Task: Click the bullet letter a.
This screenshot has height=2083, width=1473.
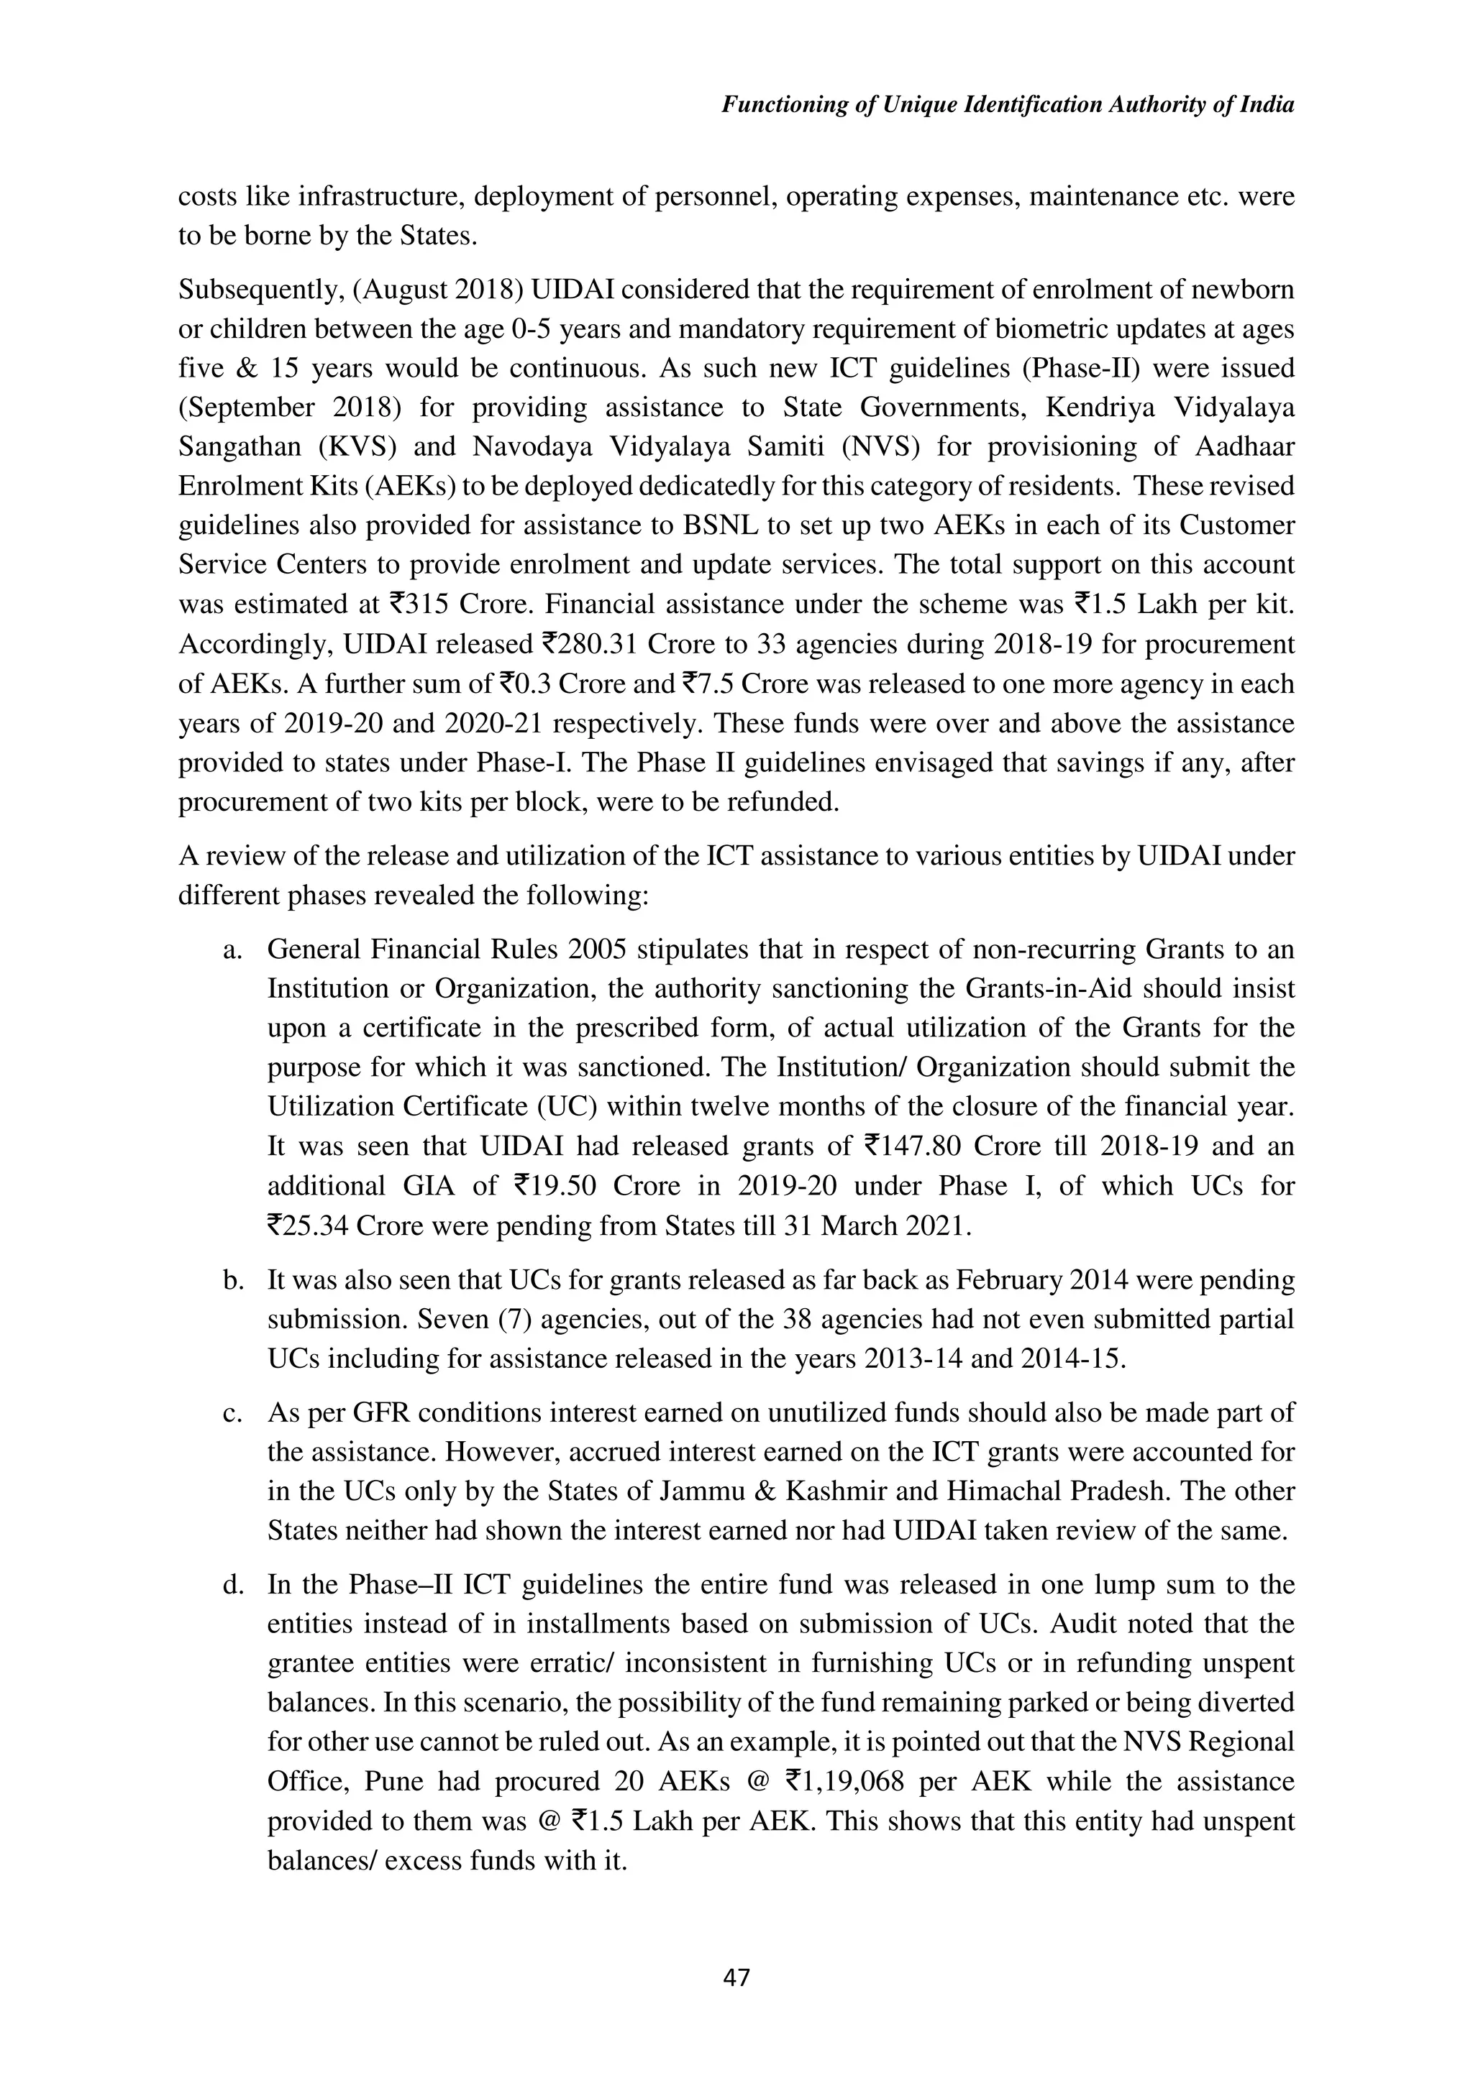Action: (x=232, y=950)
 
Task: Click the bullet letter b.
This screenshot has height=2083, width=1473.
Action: (x=232, y=1280)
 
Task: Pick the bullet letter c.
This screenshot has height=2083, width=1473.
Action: (x=232, y=1413)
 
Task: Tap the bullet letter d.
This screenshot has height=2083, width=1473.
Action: (x=232, y=1585)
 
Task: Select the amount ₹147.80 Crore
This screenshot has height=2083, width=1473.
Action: (x=950, y=1146)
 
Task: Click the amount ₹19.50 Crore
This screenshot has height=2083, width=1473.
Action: (x=596, y=1187)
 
